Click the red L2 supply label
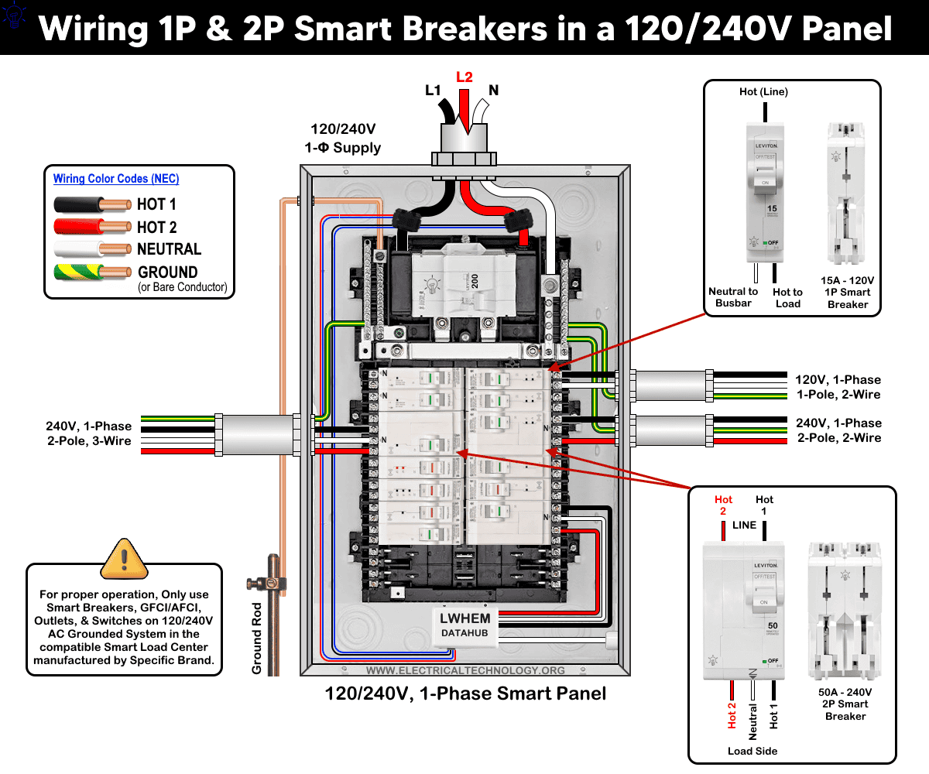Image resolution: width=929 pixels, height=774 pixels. (x=464, y=77)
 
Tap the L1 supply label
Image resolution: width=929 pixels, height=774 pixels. (x=434, y=91)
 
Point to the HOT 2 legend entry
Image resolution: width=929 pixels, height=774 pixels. (x=156, y=227)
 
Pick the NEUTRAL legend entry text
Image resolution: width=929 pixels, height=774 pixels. (x=169, y=249)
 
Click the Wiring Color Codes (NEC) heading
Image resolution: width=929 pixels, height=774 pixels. (x=116, y=179)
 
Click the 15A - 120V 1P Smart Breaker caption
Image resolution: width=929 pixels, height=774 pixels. (x=848, y=292)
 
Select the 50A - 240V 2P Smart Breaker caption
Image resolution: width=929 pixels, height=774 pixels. (x=845, y=704)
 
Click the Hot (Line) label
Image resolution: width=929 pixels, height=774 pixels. (x=763, y=92)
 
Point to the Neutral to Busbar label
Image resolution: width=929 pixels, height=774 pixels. (x=733, y=297)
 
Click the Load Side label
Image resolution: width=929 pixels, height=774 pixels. (x=752, y=751)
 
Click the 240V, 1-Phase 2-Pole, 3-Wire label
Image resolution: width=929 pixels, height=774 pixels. (x=88, y=433)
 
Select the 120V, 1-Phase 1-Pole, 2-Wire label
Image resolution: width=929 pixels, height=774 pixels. (x=838, y=387)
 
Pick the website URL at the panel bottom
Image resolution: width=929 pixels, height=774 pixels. (x=465, y=670)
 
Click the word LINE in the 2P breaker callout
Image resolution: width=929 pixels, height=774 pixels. (x=744, y=525)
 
